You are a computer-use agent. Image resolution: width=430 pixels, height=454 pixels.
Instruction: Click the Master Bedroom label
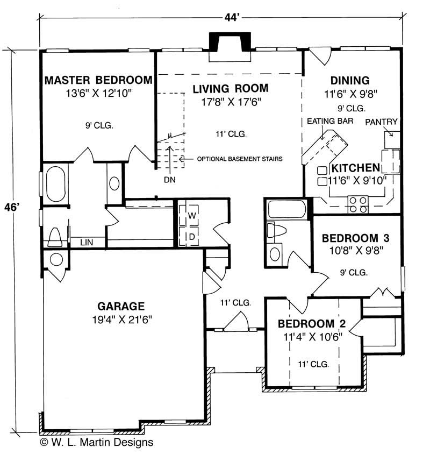(x=98, y=80)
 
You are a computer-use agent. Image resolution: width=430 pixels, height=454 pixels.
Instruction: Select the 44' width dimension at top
(x=232, y=17)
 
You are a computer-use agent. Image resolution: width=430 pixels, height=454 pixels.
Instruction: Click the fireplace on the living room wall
(x=230, y=42)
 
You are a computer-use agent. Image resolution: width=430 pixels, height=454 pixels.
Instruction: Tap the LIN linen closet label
(x=86, y=243)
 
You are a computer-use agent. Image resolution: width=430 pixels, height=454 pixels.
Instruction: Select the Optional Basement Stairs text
(x=240, y=159)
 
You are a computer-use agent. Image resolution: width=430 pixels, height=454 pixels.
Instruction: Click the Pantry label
(x=381, y=122)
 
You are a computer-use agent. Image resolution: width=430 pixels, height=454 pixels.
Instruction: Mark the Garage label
(x=121, y=307)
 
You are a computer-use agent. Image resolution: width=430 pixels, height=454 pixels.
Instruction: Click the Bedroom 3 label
(x=355, y=238)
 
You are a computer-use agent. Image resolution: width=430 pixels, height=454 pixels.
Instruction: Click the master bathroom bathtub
(x=55, y=185)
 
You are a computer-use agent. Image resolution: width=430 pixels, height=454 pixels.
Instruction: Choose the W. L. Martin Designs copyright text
(x=96, y=443)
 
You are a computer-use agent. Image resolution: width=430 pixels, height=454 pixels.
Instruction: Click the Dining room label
(x=349, y=81)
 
